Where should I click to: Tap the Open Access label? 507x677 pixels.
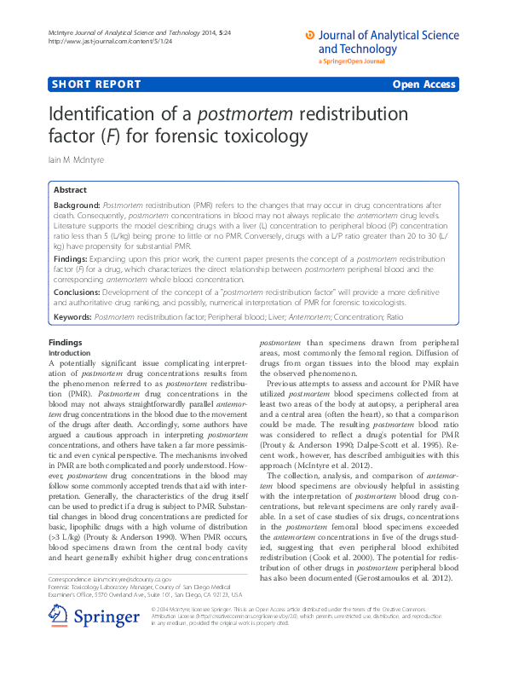point(424,84)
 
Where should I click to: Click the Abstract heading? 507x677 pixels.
point(70,189)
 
